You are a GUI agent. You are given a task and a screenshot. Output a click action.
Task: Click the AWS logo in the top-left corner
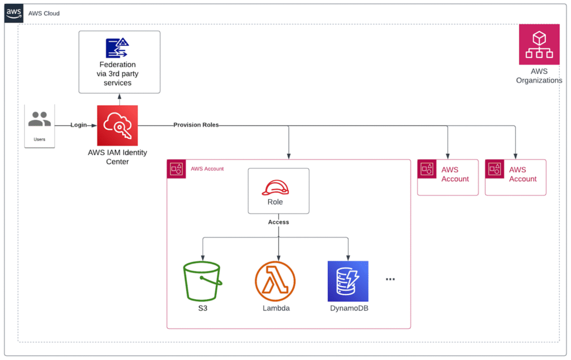point(14,13)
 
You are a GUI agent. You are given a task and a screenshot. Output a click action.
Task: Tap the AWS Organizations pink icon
point(539,44)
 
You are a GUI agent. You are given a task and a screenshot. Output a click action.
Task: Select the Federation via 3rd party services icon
point(118,48)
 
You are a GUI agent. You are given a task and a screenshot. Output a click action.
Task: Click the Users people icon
point(40,119)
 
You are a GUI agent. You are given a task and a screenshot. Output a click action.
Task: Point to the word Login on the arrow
point(79,125)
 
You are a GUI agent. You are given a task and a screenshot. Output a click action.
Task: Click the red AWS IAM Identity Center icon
point(117,125)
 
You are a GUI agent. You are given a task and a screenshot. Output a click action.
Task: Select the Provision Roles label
point(196,125)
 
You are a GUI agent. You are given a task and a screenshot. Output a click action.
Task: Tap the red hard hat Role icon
point(278,187)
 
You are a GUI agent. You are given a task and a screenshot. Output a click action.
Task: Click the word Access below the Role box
point(278,222)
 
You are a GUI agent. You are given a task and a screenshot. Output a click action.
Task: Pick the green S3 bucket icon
point(202,281)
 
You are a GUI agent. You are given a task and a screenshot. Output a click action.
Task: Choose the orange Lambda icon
point(275,281)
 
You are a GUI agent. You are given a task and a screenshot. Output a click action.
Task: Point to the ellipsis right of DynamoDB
point(390,279)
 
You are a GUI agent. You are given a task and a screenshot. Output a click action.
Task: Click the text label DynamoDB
point(349,308)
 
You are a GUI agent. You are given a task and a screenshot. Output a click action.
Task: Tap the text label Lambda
point(276,308)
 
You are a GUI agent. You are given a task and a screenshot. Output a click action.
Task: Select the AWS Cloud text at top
point(43,13)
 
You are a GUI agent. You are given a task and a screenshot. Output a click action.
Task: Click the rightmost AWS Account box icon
point(495,169)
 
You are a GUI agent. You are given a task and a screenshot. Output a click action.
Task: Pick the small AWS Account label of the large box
point(207,168)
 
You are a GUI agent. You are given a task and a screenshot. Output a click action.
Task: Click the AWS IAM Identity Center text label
point(117,157)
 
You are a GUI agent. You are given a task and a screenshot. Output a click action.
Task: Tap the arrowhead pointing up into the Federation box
point(119,96)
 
